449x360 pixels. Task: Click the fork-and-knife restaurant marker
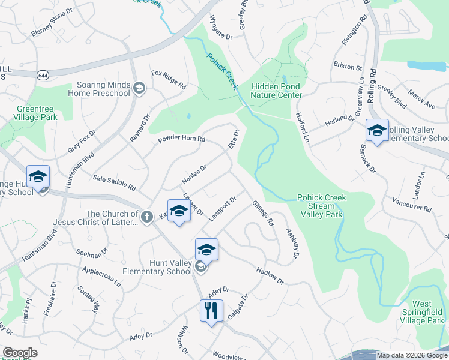click(x=211, y=311)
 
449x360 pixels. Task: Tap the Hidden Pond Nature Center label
click(x=276, y=91)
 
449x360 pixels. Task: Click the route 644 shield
click(x=43, y=75)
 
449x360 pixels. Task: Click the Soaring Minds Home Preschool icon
click(x=139, y=89)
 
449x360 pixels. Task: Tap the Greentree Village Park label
click(x=29, y=113)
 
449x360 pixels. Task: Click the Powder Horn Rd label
click(x=181, y=140)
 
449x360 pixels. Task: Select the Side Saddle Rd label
click(x=115, y=183)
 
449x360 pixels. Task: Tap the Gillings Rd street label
click(x=264, y=213)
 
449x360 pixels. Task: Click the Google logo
click(x=20, y=353)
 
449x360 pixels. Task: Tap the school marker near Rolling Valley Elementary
click(x=376, y=131)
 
